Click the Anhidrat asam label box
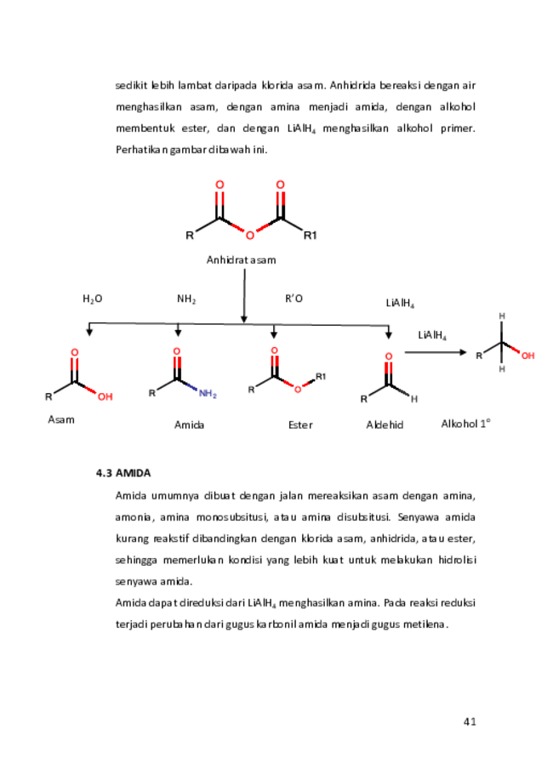click(242, 259)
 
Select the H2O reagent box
click(92, 298)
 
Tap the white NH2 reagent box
click(186, 298)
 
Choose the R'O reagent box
click(294, 298)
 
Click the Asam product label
click(61, 419)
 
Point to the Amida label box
click(189, 424)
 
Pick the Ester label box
click(299, 424)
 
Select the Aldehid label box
click(385, 424)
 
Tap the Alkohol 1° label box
click(465, 423)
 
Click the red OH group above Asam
click(105, 396)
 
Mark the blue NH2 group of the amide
click(207, 394)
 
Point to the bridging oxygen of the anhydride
click(249, 236)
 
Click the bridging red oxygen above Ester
click(297, 390)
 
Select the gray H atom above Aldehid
click(414, 398)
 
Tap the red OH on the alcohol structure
click(527, 356)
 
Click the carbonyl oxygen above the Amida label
click(176, 350)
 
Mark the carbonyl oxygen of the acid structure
click(75, 351)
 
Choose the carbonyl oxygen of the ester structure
click(274, 349)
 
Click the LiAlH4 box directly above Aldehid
click(400, 303)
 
